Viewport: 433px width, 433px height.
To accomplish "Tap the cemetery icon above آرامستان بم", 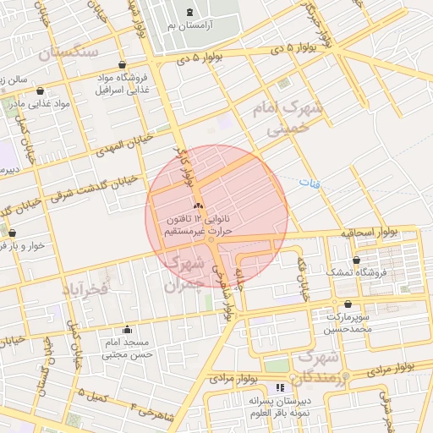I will pos(188,13).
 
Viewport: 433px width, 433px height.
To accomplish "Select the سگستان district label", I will pos(69,52).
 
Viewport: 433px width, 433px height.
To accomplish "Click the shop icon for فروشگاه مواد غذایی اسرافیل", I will pos(123,64).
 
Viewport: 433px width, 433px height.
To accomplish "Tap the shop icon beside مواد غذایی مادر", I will pos(40,90).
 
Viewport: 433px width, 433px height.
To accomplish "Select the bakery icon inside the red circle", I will pos(198,206).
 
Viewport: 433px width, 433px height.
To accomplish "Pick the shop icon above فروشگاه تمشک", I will pos(358,260).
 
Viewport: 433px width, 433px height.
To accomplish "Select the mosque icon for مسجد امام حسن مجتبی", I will pos(128,330).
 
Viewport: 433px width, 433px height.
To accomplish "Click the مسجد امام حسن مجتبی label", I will pos(125,349).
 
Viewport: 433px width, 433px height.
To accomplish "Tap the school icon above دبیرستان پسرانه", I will pos(280,387).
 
